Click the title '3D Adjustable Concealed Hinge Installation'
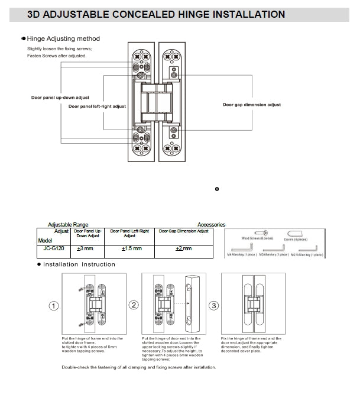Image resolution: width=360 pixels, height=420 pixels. click(156, 14)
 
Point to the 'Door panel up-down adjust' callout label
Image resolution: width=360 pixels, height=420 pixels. click(60, 97)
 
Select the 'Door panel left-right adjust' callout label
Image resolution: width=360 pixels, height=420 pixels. click(97, 106)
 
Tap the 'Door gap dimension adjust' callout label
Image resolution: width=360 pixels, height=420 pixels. click(252, 105)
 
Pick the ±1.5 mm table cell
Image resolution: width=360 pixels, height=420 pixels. click(131, 248)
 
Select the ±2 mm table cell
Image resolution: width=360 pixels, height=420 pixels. click(184, 248)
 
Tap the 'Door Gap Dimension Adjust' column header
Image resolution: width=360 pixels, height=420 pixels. click(184, 231)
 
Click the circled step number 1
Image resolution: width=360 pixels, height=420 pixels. click(53, 306)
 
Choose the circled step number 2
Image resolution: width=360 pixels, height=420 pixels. click(134, 305)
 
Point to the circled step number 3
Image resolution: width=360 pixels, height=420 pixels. click(214, 305)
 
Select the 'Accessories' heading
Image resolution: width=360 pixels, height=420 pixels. click(211, 225)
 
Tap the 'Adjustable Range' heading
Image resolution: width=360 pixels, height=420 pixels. click(68, 225)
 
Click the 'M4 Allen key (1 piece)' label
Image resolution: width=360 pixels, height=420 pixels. click(242, 254)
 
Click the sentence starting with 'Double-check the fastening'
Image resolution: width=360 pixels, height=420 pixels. click(139, 367)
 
